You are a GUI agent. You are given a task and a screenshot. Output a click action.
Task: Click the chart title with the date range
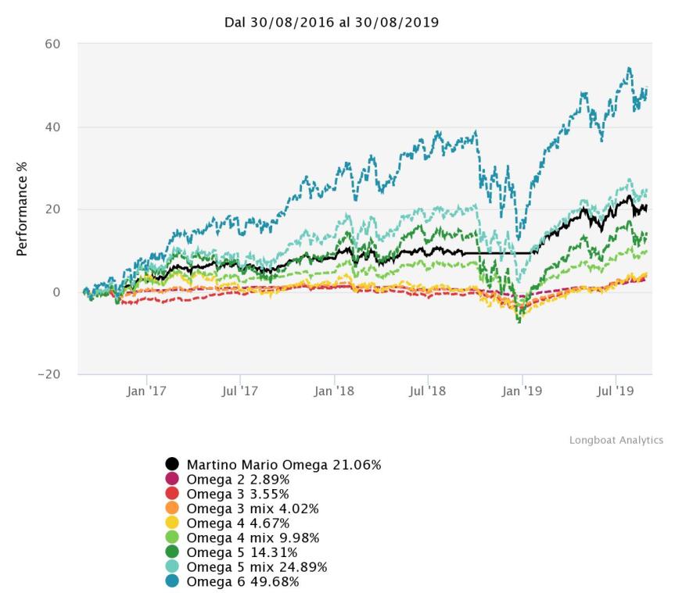tap(332, 23)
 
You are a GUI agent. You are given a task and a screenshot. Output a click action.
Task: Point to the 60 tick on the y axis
tap(52, 44)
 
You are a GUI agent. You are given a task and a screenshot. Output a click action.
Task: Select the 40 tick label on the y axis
tap(52, 127)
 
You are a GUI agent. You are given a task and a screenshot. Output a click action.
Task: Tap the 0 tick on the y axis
tap(56, 292)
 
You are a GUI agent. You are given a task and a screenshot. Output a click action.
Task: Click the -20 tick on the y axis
tap(48, 375)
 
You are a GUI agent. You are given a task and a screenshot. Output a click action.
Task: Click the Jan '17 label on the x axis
tap(146, 391)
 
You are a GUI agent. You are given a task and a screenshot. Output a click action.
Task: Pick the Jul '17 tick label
tap(239, 391)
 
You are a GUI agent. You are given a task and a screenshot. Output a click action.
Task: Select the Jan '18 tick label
tap(335, 391)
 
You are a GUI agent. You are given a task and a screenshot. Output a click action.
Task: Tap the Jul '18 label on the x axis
tap(428, 391)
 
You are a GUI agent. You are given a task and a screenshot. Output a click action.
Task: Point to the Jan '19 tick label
tap(522, 391)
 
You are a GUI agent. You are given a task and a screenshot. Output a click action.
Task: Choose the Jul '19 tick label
tap(616, 391)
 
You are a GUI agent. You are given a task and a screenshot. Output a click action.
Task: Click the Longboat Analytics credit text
tap(616, 441)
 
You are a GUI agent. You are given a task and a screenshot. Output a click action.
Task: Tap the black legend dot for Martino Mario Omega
tap(172, 466)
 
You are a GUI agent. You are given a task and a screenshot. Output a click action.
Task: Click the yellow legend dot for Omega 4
tap(172, 523)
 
